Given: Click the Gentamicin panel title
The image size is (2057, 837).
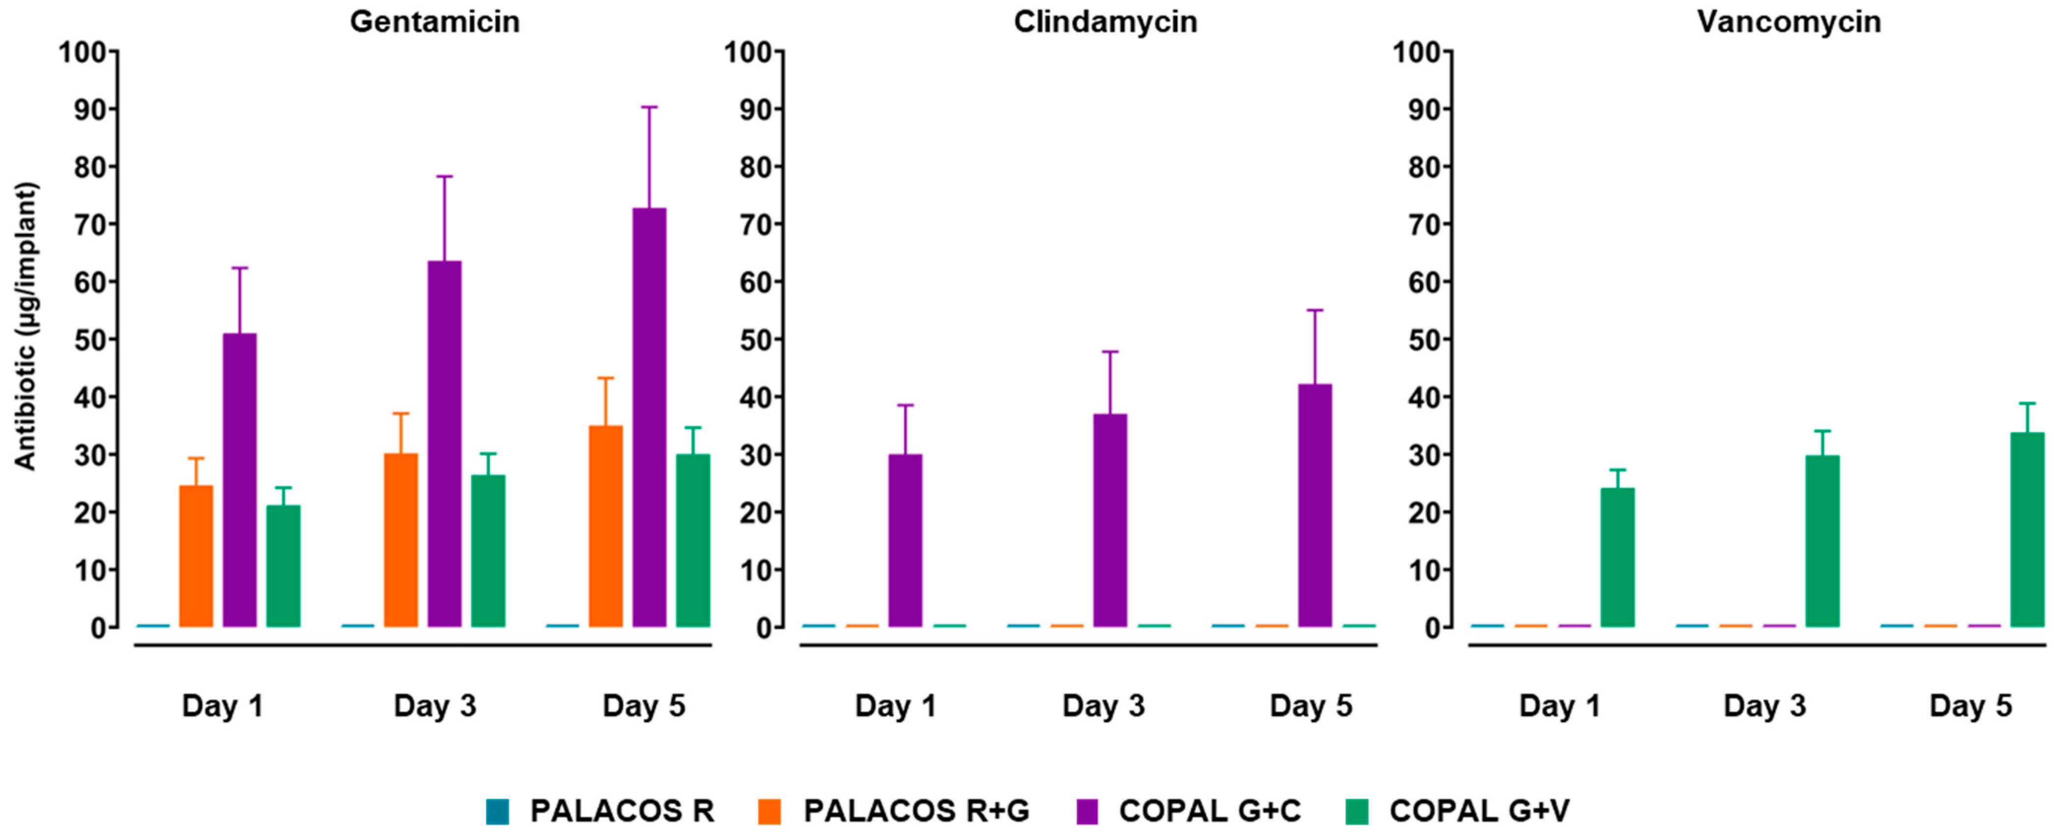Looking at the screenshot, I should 435,22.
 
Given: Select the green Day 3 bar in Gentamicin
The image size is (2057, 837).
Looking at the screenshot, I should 488,551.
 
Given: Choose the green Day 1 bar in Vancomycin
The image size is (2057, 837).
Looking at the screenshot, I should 1618,557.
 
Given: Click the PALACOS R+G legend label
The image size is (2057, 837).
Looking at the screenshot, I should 916,810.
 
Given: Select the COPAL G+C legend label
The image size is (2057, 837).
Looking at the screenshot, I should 1210,810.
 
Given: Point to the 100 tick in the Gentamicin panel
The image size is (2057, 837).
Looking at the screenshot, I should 82,52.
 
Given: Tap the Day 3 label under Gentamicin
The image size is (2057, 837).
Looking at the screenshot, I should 435,706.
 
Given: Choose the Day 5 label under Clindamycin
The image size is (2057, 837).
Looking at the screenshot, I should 1311,706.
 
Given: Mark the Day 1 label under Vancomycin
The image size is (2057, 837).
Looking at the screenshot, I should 1560,706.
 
